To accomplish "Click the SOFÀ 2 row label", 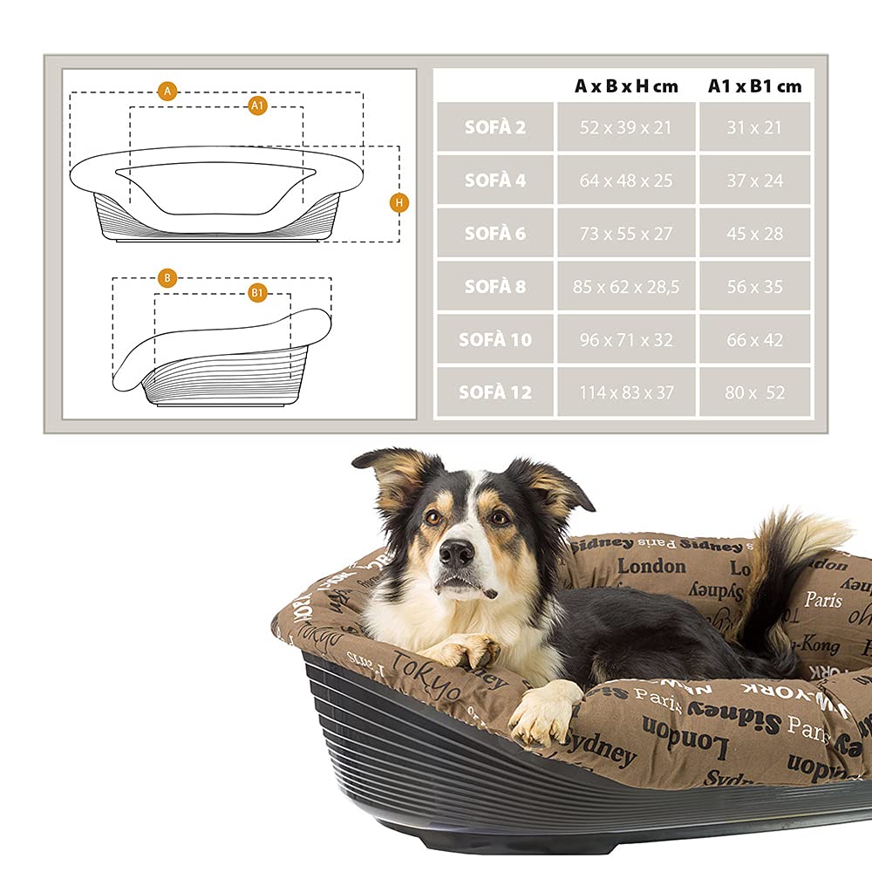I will pos(495,127).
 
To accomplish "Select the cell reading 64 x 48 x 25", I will pos(626,181).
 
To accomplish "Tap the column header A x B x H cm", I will pos(626,85).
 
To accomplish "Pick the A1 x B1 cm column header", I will pos(755,85).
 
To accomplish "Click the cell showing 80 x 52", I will pos(755,392).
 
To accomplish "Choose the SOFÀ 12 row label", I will pos(495,392).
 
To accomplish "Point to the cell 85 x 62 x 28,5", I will pos(626,287).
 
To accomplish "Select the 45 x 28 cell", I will pos(755,234).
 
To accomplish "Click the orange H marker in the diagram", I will pos(399,202).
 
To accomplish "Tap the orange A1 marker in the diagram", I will pos(257,105).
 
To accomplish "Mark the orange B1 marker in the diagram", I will pos(257,293).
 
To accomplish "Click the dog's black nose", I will pos(457,552).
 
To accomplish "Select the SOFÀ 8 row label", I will pos(495,287).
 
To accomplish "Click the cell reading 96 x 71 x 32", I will pos(626,340).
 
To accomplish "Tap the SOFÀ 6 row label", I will pos(495,234).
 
